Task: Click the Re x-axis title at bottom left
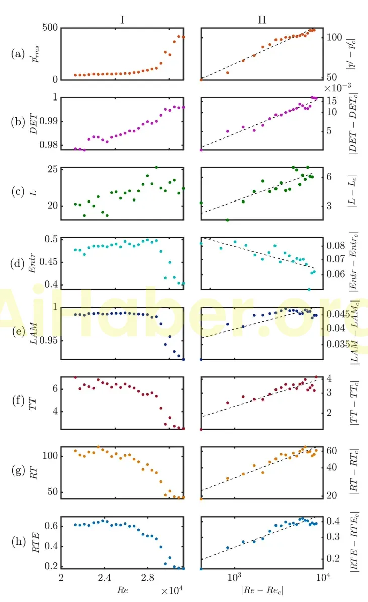click(x=122, y=587)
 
